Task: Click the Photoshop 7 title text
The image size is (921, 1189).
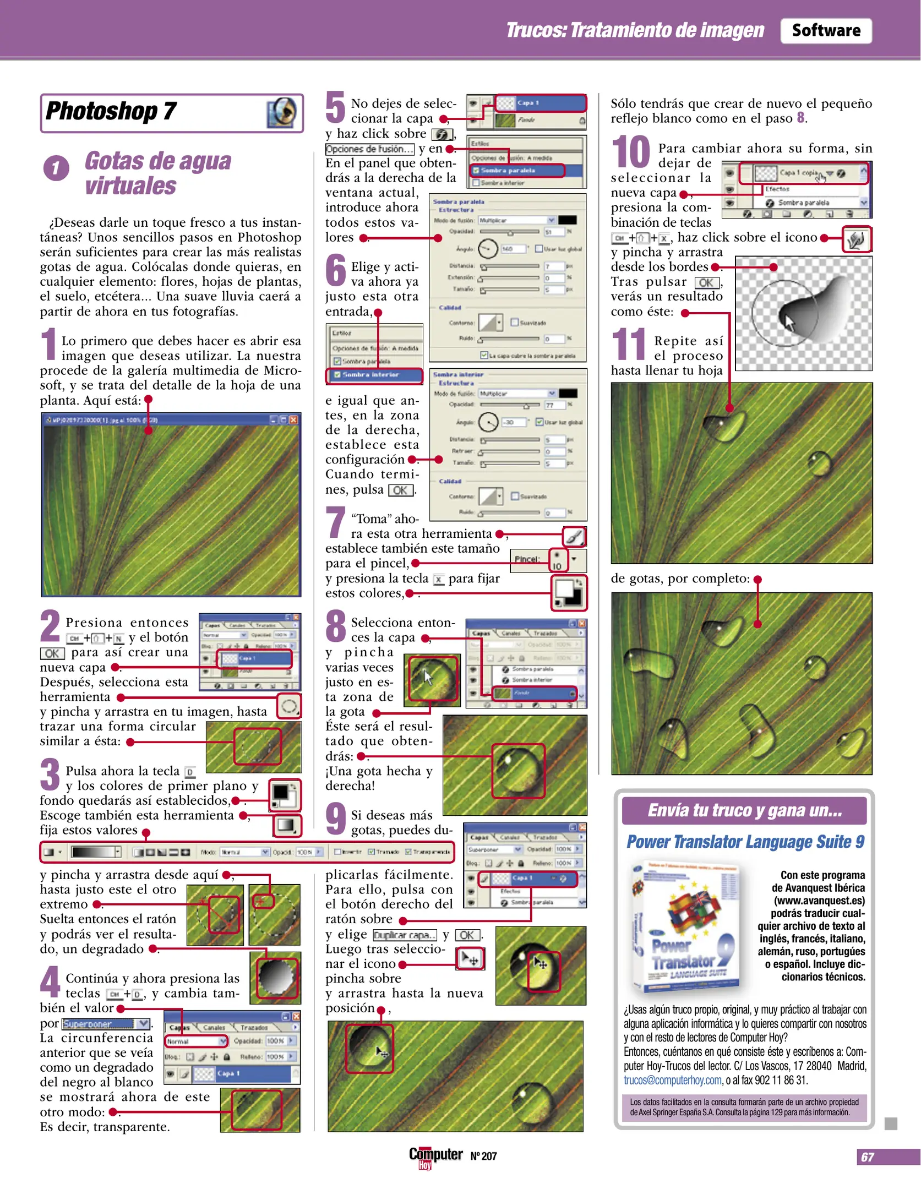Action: point(111,111)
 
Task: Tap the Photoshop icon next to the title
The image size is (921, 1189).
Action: point(282,112)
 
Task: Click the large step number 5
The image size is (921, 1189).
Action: point(335,108)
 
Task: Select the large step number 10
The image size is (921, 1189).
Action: point(631,152)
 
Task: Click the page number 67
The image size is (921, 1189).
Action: point(867,1157)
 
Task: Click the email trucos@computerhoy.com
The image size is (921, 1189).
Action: point(672,1080)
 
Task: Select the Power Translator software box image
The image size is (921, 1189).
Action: point(685,926)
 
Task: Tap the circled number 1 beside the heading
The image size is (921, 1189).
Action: point(56,168)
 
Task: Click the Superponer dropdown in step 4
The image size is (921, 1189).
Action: point(106,1024)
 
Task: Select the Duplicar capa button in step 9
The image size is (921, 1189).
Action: point(405,935)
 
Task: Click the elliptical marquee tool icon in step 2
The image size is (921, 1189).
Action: point(288,706)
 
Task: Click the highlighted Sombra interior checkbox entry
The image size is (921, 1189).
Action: point(374,375)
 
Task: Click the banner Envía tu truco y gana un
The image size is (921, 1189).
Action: point(744,810)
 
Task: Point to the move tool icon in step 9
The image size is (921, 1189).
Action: point(470,959)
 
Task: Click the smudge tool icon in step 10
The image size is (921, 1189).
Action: point(856,239)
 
